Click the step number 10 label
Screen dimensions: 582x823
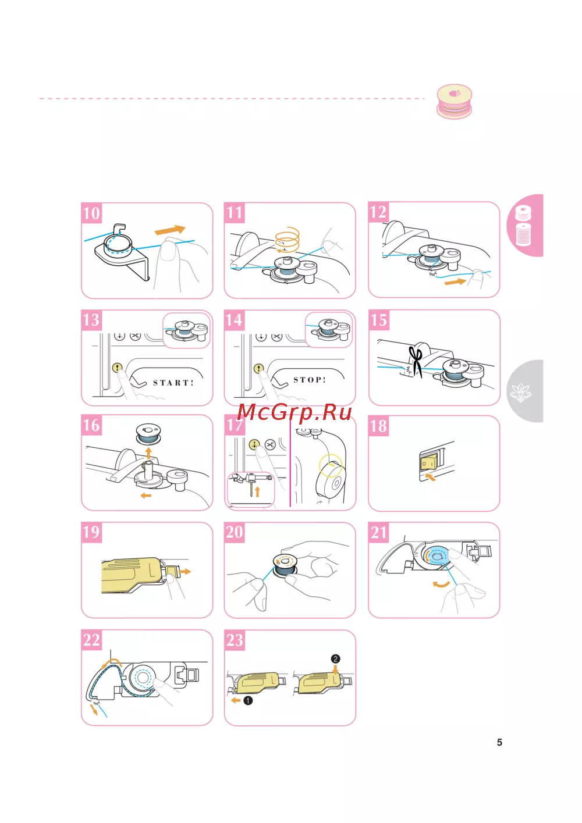[91, 213]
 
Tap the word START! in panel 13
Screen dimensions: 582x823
[173, 383]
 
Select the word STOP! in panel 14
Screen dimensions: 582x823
[310, 380]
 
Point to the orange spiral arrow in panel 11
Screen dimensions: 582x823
[287, 240]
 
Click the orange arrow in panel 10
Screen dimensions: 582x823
[170, 230]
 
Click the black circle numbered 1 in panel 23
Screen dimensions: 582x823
[248, 701]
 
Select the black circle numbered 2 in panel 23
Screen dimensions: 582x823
[335, 659]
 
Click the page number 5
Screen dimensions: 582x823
[499, 742]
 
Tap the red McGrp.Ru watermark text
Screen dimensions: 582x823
[294, 412]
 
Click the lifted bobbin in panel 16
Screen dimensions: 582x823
[149, 433]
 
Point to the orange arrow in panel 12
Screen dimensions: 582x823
[455, 282]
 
